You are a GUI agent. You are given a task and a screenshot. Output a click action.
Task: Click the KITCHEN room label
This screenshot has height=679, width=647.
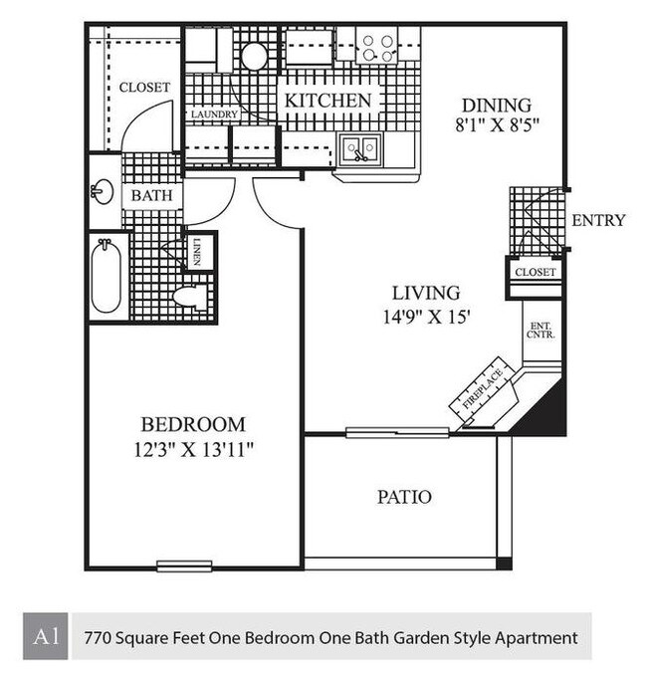click(x=328, y=101)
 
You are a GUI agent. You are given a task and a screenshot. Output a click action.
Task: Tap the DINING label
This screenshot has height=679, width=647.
click(x=497, y=106)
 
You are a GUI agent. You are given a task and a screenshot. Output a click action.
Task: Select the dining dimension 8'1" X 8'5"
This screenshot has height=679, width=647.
click(x=497, y=127)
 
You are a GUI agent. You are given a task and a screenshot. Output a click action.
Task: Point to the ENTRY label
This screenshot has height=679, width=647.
click(x=598, y=220)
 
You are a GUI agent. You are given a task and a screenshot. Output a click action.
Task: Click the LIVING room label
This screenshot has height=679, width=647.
click(x=425, y=293)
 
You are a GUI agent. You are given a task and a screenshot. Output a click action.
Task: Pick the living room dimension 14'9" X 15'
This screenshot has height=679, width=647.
click(x=425, y=318)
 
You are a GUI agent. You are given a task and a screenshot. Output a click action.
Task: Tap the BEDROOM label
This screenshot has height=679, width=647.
click(x=192, y=424)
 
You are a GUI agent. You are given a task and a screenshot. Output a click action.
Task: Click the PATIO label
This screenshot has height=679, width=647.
click(x=404, y=496)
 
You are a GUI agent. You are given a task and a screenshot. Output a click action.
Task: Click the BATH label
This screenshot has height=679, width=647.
click(x=151, y=195)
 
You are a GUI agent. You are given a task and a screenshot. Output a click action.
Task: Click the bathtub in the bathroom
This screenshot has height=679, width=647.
click(x=107, y=277)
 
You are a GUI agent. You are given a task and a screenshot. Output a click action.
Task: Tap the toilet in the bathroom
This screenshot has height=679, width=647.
click(x=189, y=296)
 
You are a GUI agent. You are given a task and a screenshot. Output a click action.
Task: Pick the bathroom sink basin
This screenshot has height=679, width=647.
click(x=102, y=192)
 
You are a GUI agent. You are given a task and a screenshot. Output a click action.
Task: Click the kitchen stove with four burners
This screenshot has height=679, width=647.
click(x=377, y=45)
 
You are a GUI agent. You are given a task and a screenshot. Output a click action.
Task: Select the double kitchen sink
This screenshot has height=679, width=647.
click(x=358, y=149)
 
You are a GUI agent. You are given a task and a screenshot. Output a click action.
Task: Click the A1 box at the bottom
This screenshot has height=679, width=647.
click(x=45, y=636)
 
